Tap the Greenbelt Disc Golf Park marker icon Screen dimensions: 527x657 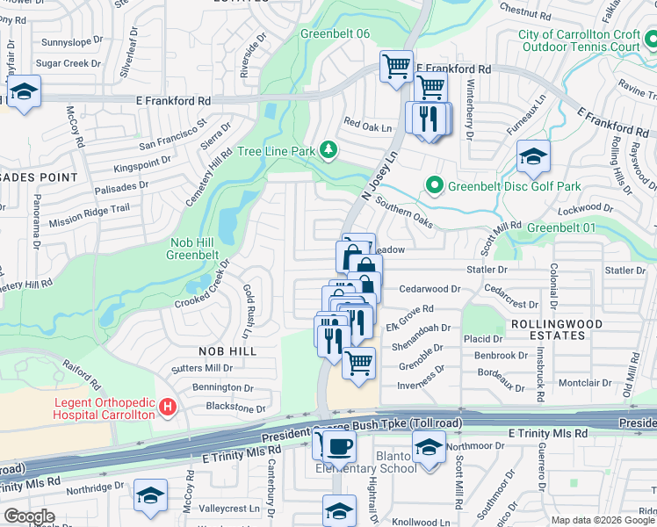click(x=433, y=186)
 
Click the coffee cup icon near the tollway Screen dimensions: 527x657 click(x=338, y=446)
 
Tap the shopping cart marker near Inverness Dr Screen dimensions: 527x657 click(x=358, y=363)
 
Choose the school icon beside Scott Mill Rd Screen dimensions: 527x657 click(x=533, y=156)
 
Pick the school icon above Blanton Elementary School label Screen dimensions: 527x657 click(x=428, y=448)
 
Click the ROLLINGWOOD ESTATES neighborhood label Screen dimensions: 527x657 click(x=556, y=329)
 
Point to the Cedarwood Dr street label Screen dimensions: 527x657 click(x=430, y=288)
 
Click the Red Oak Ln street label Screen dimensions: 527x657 click(x=366, y=126)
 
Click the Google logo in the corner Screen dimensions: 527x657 click(x=29, y=516)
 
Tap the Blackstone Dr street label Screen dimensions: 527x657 click(x=235, y=408)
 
